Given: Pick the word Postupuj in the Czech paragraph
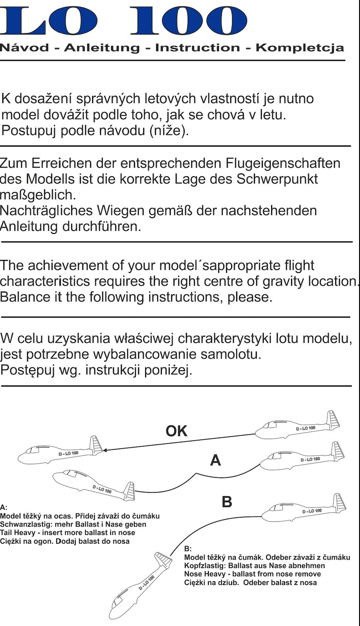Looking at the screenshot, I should [28, 131].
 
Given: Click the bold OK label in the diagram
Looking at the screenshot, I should [176, 431].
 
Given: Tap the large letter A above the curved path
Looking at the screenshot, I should [215, 460].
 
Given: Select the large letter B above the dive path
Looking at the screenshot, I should [227, 502].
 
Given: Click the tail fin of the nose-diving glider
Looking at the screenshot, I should [163, 558].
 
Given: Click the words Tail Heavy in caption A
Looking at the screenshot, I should [16, 533].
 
